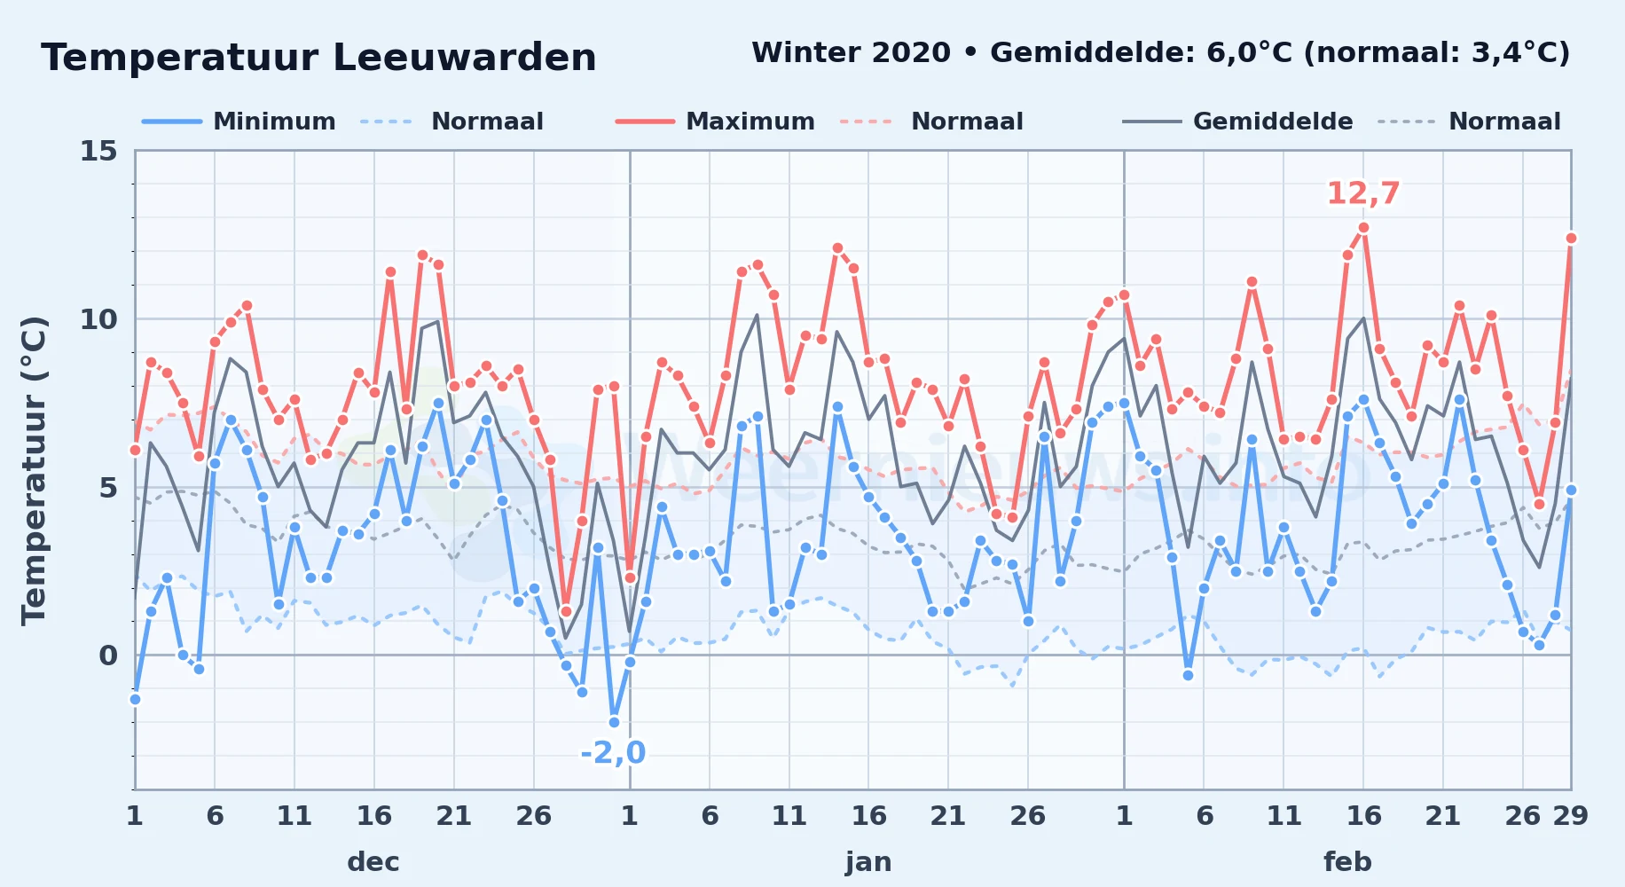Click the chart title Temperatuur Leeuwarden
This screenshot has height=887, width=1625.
click(318, 58)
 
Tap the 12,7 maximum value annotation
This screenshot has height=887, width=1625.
click(1363, 193)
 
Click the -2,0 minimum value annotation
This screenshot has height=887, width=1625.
click(613, 752)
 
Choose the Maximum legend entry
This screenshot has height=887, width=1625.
click(715, 122)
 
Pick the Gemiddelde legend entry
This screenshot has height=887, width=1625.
click(1238, 122)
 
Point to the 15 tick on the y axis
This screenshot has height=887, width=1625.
click(98, 151)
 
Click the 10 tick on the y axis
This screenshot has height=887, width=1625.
click(98, 319)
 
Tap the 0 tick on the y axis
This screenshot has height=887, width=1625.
click(108, 655)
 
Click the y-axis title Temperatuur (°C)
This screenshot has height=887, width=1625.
click(34, 470)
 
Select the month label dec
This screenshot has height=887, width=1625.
click(373, 861)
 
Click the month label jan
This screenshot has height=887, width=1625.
click(868, 861)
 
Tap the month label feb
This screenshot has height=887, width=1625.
click(1347, 861)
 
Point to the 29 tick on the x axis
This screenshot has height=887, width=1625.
click(1570, 815)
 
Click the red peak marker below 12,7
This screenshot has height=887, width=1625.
click(1363, 228)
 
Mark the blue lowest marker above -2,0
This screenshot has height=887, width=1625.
click(614, 722)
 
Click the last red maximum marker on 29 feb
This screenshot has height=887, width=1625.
click(1571, 238)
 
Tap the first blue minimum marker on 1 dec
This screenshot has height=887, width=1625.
click(135, 699)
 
